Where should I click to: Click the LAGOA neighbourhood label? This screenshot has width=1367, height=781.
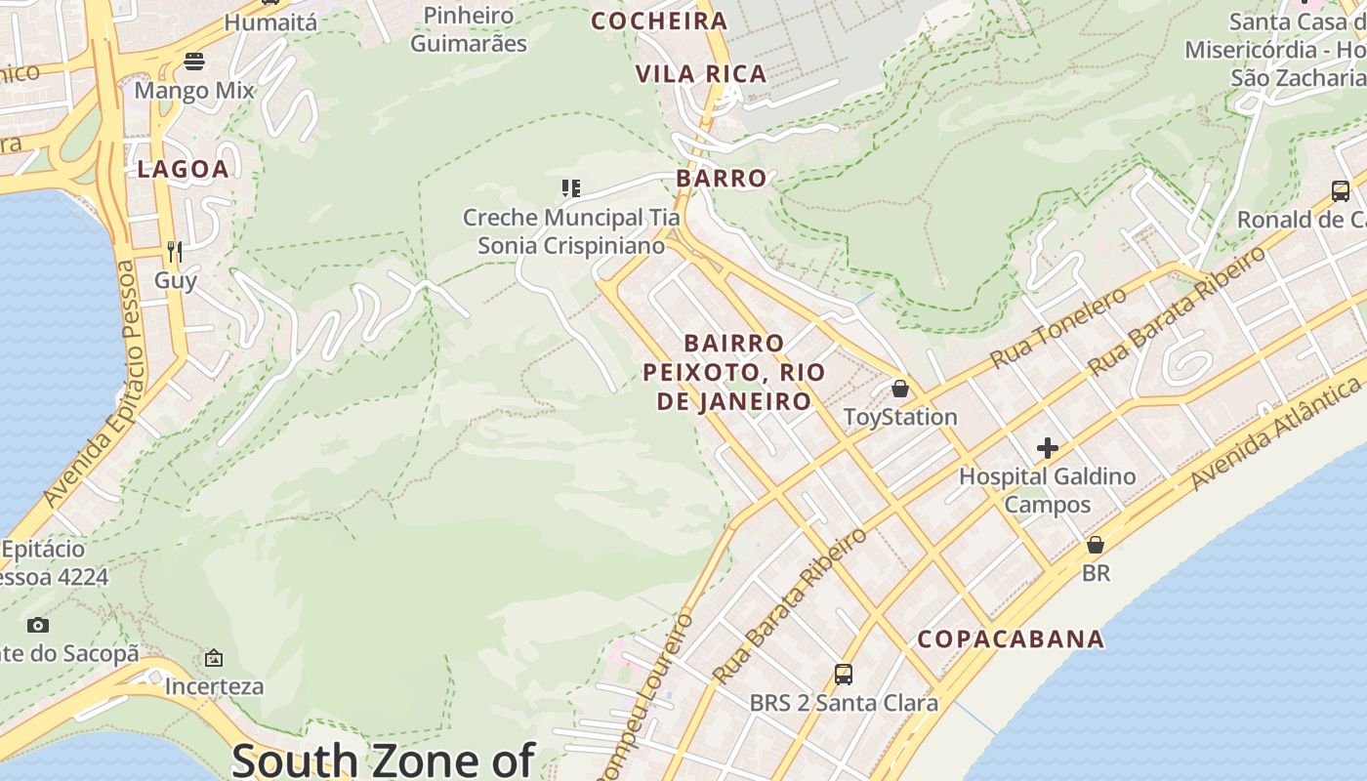[183, 169]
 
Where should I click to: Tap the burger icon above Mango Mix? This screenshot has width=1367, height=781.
[193, 62]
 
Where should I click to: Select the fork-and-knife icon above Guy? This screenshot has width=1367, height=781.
[175, 252]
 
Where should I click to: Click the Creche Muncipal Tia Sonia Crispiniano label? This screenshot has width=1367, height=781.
[570, 231]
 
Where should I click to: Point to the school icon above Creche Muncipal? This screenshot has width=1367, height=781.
[570, 187]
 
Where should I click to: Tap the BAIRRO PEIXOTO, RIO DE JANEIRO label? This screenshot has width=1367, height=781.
[734, 372]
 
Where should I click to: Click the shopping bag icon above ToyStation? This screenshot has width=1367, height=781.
[900, 389]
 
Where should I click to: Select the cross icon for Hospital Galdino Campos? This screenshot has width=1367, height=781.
[1048, 448]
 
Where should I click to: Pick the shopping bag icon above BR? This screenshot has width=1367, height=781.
[1096, 544]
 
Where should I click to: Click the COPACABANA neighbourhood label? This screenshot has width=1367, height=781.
[1011, 639]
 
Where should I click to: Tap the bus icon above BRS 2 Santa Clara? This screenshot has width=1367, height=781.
[843, 674]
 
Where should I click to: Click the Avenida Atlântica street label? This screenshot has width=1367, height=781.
[1275, 435]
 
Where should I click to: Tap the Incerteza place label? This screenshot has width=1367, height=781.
[214, 686]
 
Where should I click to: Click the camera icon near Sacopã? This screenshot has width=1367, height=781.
[37, 625]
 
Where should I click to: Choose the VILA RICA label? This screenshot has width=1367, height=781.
[700, 74]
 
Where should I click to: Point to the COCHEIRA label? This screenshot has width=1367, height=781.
[659, 21]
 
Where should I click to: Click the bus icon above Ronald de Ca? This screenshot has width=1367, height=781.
[1341, 190]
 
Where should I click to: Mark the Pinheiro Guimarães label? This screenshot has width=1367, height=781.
[469, 29]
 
